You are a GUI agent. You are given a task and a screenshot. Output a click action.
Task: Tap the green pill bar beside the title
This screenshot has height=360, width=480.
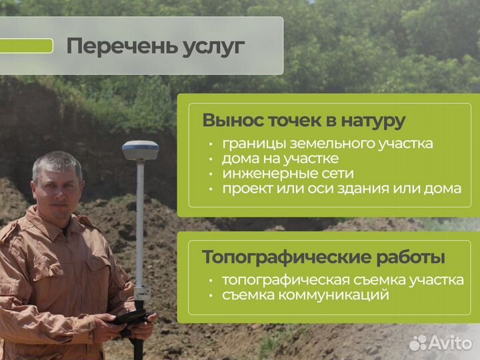coord(26,46)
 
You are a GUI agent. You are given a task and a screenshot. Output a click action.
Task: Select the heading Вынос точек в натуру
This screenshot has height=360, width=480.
coord(303,121)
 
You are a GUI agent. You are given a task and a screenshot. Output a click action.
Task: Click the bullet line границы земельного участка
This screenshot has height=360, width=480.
coord(327,143)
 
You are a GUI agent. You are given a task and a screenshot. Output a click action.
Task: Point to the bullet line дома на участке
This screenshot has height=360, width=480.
coord(280,159)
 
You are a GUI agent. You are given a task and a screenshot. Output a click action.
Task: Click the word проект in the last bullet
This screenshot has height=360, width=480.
coord(245,189)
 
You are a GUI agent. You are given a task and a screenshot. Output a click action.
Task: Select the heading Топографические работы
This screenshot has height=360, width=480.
coord(324,257)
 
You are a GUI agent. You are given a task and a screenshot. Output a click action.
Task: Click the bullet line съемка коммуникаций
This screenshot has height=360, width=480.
coord(305,295)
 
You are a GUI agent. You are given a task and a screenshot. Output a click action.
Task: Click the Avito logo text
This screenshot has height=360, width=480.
coord(450,343)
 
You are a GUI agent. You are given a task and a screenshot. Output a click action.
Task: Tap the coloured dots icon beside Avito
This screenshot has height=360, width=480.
coord(418,343)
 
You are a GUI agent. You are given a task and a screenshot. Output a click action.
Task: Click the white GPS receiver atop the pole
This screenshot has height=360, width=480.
coord(140,150)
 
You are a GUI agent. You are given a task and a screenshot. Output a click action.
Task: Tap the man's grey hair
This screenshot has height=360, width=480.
coord(56,162)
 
